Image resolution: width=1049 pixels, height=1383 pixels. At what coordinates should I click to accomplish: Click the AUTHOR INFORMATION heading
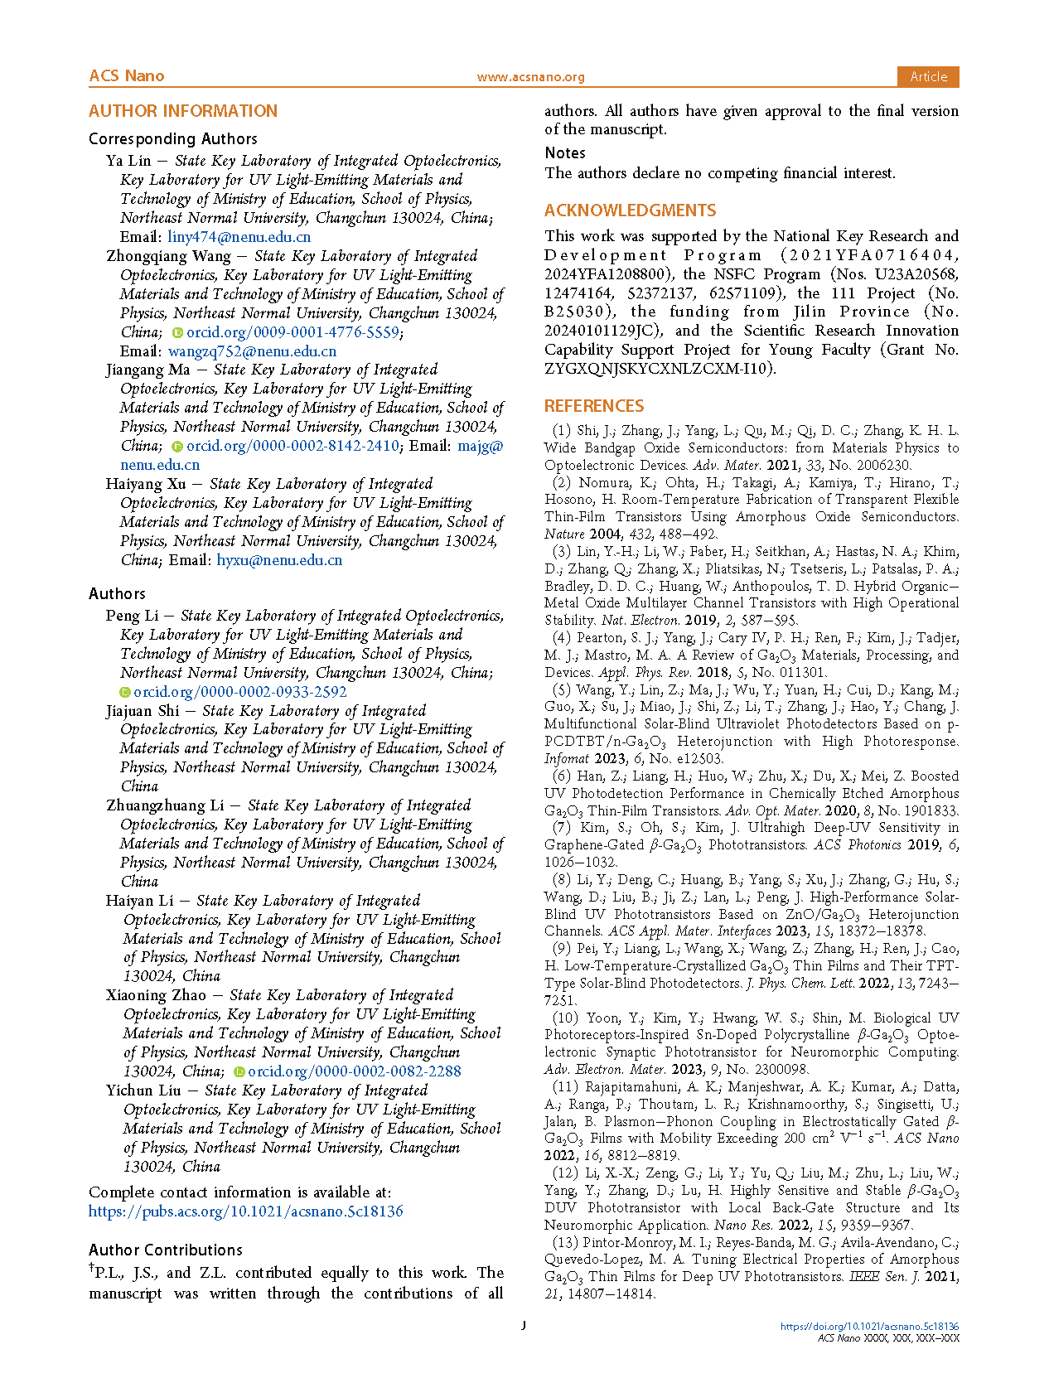[x=183, y=111]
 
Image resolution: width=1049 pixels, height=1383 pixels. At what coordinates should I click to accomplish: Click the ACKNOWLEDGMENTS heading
[x=630, y=210]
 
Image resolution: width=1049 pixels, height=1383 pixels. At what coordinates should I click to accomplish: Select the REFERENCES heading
[x=593, y=406]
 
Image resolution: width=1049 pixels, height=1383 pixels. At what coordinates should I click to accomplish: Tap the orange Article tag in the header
[x=928, y=76]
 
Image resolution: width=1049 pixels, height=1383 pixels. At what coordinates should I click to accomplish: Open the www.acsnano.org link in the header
[x=530, y=77]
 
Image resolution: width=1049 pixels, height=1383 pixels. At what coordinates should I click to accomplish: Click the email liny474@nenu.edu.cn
[x=239, y=237]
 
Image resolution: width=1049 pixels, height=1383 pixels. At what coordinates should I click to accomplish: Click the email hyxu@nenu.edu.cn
[x=279, y=560]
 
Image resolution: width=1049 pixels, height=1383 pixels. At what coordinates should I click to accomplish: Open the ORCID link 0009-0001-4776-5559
[x=292, y=332]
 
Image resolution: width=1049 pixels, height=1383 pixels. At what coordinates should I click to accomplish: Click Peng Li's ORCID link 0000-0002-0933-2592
[x=239, y=692]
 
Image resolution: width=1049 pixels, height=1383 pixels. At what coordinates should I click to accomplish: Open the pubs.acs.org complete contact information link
[x=245, y=1211]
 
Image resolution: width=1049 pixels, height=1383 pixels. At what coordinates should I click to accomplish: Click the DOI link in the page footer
[x=869, y=1327]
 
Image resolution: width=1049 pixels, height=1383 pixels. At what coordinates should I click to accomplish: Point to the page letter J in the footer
[x=524, y=1325]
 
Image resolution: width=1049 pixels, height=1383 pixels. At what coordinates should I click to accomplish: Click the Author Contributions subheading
[x=166, y=1250]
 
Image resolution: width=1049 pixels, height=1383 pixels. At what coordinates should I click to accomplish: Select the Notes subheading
[x=565, y=153]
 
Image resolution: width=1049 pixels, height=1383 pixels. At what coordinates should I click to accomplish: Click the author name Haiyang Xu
[x=146, y=484]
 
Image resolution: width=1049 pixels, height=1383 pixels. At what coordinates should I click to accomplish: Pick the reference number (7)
[x=562, y=828]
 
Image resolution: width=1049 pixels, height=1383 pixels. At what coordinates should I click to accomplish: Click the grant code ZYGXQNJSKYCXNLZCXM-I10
[x=658, y=369]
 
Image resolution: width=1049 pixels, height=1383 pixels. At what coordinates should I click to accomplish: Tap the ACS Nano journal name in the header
[x=127, y=76]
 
